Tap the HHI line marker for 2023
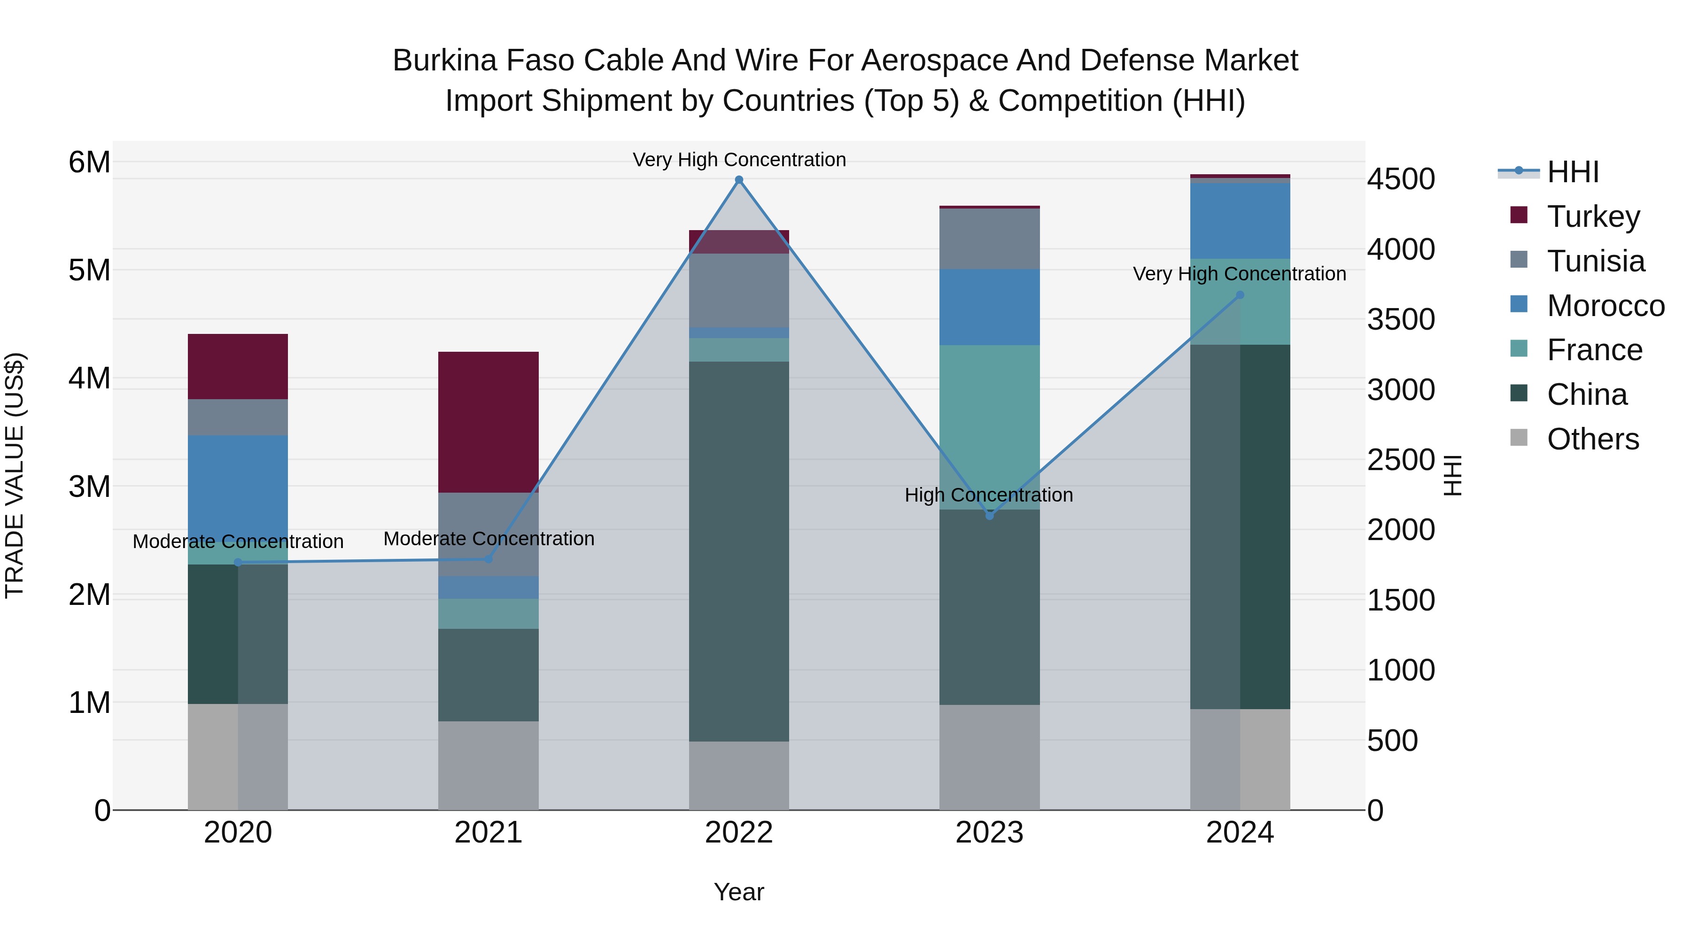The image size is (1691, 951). pyautogui.click(x=990, y=516)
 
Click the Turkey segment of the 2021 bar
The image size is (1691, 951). pyautogui.click(x=489, y=422)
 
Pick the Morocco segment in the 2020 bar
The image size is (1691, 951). pyautogui.click(x=238, y=486)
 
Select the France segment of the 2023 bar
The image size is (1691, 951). pyautogui.click(x=989, y=426)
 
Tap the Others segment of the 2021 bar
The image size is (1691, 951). pyautogui.click(x=489, y=765)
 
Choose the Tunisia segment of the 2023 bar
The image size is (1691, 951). pyautogui.click(x=989, y=239)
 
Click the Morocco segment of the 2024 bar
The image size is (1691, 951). pyautogui.click(x=1240, y=221)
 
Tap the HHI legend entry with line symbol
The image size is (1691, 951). pyautogui.click(x=1572, y=172)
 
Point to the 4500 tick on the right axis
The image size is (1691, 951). pyautogui.click(x=1401, y=179)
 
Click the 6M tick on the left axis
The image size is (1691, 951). pyautogui.click(x=89, y=162)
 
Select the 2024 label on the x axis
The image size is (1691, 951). pyautogui.click(x=1240, y=833)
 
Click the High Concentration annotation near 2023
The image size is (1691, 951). pyautogui.click(x=989, y=495)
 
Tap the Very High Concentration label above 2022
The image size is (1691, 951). pyautogui.click(x=739, y=160)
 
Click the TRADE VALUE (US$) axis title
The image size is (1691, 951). pyautogui.click(x=15, y=475)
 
